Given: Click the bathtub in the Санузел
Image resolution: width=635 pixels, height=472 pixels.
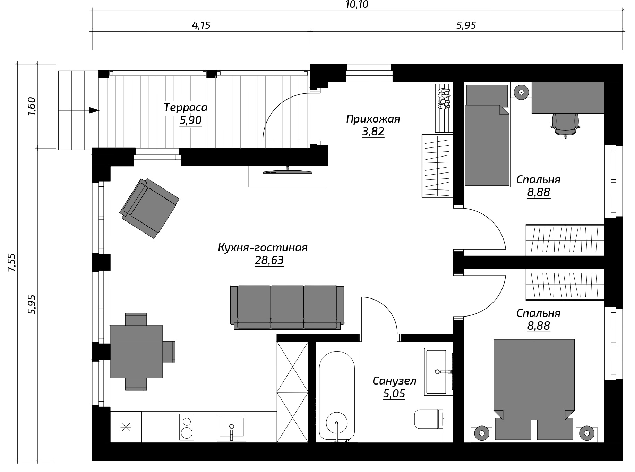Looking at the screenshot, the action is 337,395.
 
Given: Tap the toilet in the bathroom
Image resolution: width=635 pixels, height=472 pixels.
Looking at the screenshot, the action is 429,419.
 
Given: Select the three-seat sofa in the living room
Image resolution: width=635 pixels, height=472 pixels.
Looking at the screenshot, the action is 287,307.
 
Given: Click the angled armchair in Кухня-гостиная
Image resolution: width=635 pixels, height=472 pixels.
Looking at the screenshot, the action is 149,208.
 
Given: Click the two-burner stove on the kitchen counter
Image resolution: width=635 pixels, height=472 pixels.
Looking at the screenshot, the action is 187,427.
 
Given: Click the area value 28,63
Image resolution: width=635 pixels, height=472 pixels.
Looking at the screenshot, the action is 269,260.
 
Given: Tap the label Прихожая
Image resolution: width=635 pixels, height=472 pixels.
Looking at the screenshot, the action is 373,119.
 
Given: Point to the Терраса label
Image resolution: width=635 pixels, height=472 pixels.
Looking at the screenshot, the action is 186,107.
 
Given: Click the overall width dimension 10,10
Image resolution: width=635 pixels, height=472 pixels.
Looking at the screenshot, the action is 357,5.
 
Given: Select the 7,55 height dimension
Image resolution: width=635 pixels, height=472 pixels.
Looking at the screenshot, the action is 12,263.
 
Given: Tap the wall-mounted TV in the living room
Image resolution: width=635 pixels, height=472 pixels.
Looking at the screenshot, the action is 288,171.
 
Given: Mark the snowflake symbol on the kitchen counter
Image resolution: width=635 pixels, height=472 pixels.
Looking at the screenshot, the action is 126,427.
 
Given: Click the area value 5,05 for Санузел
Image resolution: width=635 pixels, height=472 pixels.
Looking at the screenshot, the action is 394,394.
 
